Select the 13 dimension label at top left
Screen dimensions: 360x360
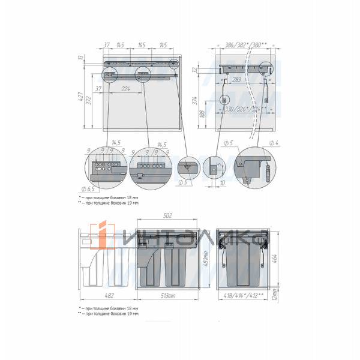point(80,58)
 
